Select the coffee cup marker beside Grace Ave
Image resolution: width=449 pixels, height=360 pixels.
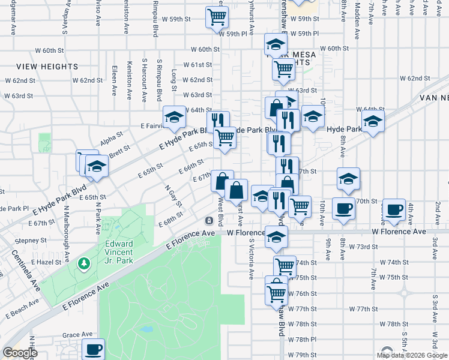click(93, 349)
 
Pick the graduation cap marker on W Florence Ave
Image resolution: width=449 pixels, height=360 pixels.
click(276, 236)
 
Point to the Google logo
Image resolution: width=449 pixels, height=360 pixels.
click(19, 352)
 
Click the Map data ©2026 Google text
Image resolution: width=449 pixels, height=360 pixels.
click(411, 355)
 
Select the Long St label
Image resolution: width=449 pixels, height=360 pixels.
click(174, 77)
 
